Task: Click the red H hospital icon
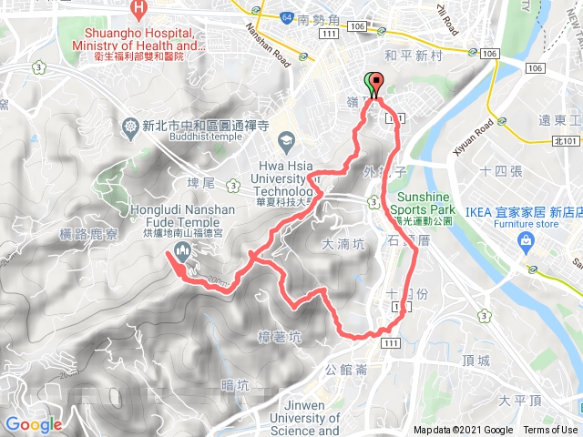pyautogui.click(x=138, y=10)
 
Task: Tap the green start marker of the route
pyautogui.click(x=370, y=81)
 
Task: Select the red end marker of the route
pyautogui.click(x=376, y=81)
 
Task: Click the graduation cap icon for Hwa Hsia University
pyautogui.click(x=285, y=141)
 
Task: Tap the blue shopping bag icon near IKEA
pyautogui.click(x=525, y=240)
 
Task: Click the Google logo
pyautogui.click(x=33, y=424)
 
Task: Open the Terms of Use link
pyautogui.click(x=549, y=430)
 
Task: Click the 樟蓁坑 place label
pyautogui.click(x=280, y=336)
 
